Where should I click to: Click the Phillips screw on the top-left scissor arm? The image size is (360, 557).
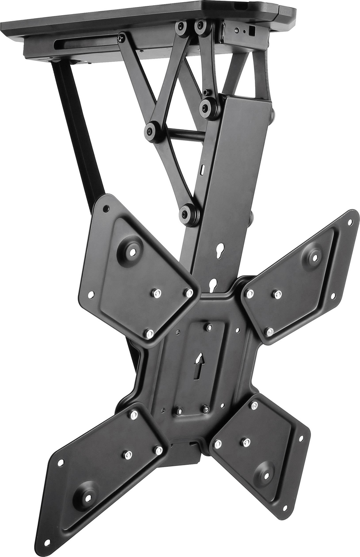point(120,37)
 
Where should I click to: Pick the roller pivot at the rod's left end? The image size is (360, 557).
point(151,130)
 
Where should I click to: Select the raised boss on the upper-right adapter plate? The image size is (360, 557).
point(314,256)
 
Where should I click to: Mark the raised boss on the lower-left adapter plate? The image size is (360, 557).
point(87,496)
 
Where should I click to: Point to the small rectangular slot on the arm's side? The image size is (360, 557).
point(202,170)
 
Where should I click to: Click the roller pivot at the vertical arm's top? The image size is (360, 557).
point(206,107)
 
